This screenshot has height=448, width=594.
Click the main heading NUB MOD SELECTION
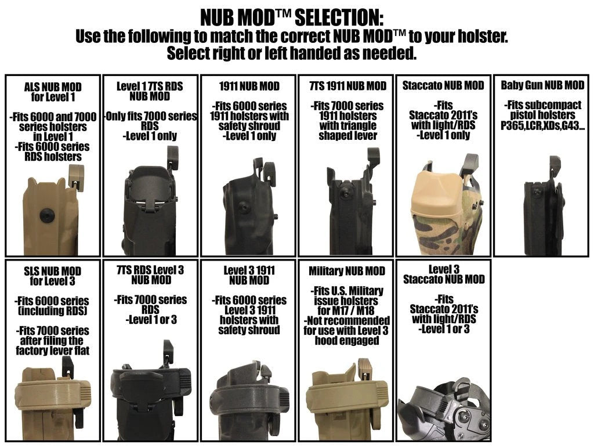coord(292,17)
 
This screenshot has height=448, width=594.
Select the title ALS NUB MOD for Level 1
coord(53,92)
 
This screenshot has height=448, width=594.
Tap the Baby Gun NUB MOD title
coord(542,85)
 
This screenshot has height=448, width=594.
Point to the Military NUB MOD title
coord(347,271)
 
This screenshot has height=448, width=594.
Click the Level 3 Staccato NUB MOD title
coord(444,274)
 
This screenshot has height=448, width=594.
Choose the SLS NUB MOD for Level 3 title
coord(53,276)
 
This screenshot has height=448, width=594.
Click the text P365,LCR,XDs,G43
coord(542,125)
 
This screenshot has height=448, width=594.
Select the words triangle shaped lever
coord(348,131)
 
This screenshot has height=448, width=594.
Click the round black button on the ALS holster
coord(47,216)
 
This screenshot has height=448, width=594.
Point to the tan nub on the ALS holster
coord(76,176)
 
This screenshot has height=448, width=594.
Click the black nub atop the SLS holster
coord(67,367)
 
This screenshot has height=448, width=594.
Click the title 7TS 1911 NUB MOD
coord(348,86)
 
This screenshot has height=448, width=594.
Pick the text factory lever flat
coord(53,350)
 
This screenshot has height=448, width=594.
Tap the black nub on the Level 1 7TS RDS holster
coord(172,158)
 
